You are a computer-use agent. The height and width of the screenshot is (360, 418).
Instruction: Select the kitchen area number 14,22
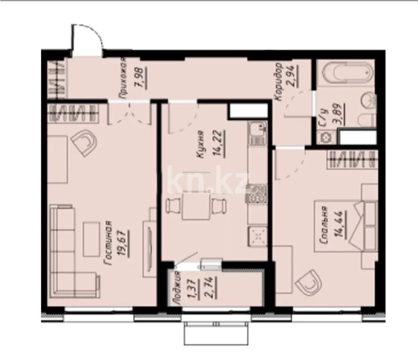point(220,144)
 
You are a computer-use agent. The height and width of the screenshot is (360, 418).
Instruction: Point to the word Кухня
point(201,144)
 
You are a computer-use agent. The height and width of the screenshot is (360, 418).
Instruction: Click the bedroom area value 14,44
point(342,224)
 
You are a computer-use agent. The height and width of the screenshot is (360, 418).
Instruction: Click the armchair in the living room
point(85,143)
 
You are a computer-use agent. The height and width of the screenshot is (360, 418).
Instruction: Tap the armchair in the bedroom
point(309,283)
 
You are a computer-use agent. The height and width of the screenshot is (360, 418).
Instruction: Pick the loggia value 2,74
point(213,288)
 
